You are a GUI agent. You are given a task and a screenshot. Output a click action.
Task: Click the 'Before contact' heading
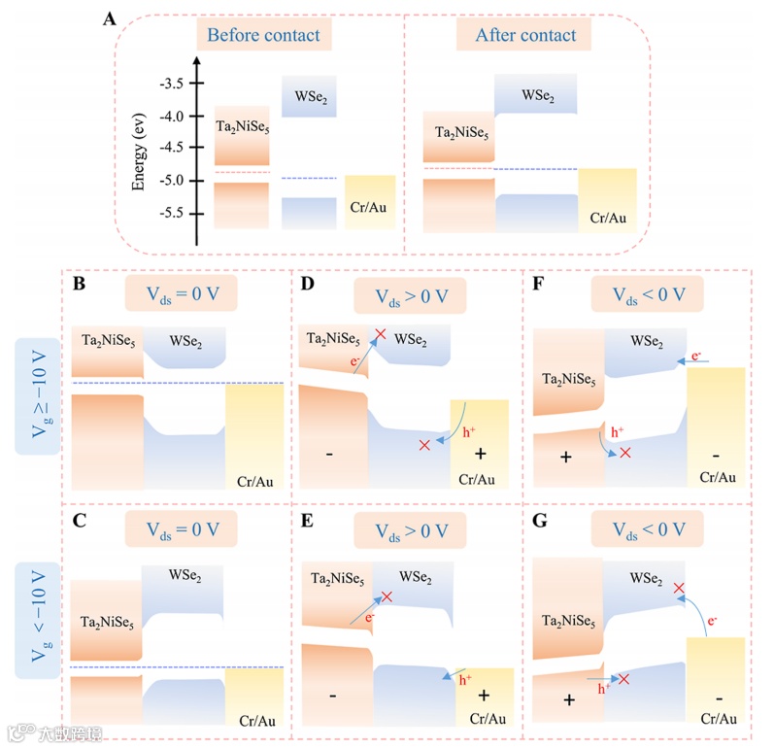click(x=263, y=36)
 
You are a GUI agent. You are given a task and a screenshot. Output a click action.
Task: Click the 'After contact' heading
click(x=525, y=36)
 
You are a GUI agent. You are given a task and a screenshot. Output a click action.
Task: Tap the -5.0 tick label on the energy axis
click(x=172, y=181)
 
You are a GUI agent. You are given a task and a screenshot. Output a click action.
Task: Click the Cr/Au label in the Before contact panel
click(x=370, y=206)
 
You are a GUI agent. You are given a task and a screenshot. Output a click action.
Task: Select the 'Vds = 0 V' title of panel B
click(x=184, y=292)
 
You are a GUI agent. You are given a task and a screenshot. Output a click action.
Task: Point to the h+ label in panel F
click(x=616, y=430)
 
